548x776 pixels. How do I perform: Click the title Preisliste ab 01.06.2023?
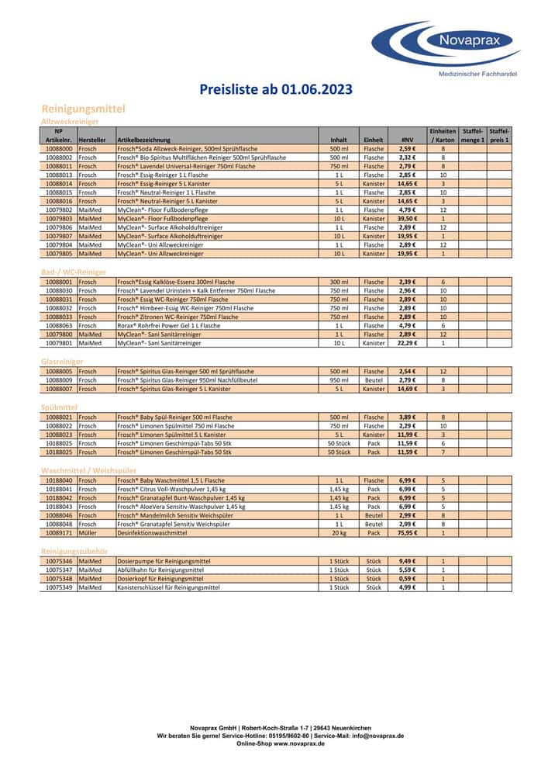click(x=276, y=89)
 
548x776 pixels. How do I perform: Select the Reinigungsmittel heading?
click(x=83, y=109)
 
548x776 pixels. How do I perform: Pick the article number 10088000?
click(x=59, y=148)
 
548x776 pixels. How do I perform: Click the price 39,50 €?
click(x=408, y=220)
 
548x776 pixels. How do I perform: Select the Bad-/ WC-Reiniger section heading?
click(x=74, y=272)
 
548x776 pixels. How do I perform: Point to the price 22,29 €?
click(x=408, y=342)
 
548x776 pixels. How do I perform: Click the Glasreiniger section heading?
click(x=62, y=362)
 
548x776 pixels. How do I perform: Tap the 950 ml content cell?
click(x=339, y=380)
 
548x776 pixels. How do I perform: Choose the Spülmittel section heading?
click(x=59, y=407)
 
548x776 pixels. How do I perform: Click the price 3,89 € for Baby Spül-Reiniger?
click(x=408, y=417)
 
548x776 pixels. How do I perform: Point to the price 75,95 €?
click(x=408, y=533)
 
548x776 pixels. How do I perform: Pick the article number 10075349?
click(x=59, y=587)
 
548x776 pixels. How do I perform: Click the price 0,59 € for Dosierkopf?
click(x=408, y=578)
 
